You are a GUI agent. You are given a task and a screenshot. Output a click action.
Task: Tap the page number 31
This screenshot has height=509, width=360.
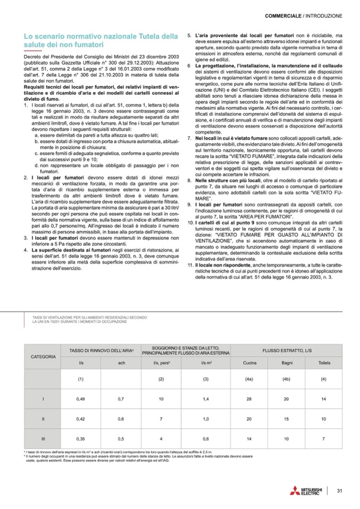click(x=340, y=490)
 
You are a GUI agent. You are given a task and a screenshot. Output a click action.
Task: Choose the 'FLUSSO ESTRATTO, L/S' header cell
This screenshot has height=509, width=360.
click(x=286, y=352)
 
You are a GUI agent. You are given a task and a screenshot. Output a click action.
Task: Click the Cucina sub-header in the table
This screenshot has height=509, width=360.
click(x=250, y=363)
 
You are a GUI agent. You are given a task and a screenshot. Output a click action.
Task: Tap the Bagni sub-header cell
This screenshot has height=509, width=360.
click(x=286, y=363)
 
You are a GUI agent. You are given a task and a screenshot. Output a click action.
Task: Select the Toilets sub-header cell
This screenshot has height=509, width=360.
click(x=323, y=363)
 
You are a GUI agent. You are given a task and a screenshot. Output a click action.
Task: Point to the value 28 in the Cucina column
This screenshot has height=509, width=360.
click(x=250, y=398)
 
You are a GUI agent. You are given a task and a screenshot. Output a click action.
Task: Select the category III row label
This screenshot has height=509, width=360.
click(x=42, y=438)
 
